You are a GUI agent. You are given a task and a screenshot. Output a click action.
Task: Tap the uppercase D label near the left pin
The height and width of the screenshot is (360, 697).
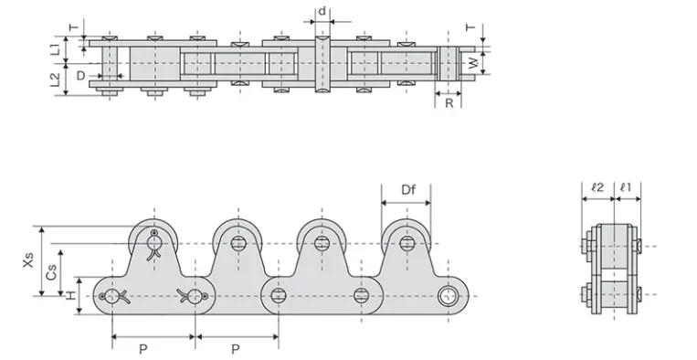[x=81, y=74]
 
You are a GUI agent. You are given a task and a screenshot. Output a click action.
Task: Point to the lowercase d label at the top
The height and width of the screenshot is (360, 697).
[x=322, y=12]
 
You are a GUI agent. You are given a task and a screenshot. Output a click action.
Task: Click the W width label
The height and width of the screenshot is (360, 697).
[x=472, y=63]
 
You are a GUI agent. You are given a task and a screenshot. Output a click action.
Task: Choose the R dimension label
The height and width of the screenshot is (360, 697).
[x=449, y=103]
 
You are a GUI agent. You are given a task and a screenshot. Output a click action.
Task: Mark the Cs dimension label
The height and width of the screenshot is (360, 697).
[x=52, y=271]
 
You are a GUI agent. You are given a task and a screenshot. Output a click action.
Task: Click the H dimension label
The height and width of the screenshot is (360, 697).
[x=71, y=295]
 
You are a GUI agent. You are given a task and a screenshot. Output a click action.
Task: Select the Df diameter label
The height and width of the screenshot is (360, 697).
[x=407, y=190]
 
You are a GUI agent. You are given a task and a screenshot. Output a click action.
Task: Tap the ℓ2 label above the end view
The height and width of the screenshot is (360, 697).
[x=597, y=187]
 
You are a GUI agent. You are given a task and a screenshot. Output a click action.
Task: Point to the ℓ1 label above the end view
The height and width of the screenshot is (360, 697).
[x=627, y=187]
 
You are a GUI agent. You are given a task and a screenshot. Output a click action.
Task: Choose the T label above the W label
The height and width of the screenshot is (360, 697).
[x=472, y=28]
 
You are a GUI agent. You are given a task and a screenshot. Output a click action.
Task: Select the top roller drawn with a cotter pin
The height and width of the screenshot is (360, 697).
[x=155, y=242]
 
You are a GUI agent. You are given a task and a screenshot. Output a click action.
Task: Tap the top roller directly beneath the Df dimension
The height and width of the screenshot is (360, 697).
[x=407, y=242]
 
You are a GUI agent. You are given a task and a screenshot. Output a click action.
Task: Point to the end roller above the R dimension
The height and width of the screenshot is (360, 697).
[x=448, y=63]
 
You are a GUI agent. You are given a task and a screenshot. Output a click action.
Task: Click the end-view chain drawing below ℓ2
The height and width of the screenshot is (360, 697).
[x=610, y=270]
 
